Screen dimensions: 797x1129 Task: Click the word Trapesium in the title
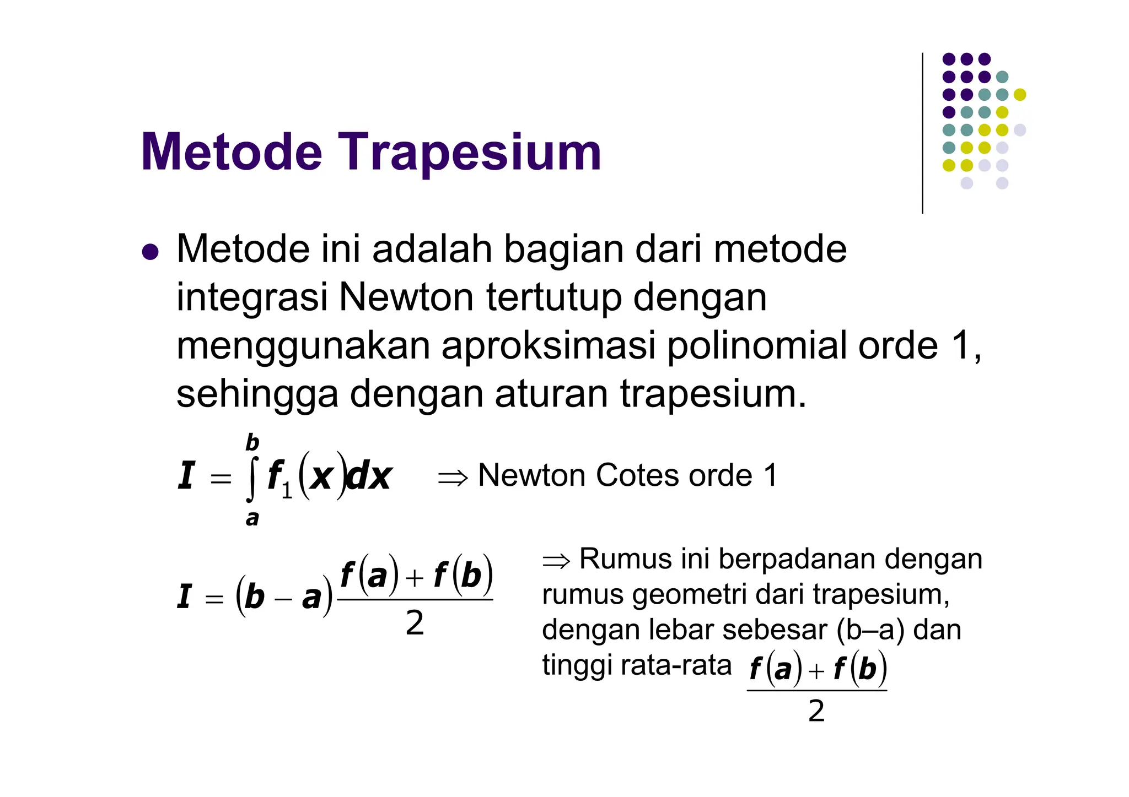[469, 153]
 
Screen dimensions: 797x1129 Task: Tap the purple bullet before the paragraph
[150, 252]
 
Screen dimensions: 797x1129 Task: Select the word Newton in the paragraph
[406, 297]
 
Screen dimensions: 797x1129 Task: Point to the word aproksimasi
[548, 346]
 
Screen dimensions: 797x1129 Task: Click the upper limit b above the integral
[252, 442]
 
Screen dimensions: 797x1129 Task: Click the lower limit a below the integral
[252, 518]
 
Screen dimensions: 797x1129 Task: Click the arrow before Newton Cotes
[453, 477]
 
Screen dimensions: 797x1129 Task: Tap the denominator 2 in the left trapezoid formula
[415, 623]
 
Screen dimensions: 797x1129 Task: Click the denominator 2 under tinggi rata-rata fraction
[816, 711]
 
